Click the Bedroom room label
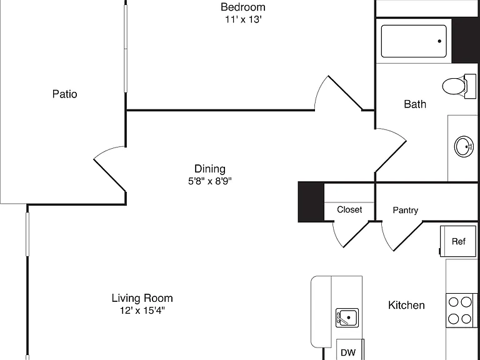click(243, 7)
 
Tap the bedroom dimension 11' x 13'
click(243, 19)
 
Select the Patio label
click(64, 94)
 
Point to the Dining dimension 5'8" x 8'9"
click(210, 181)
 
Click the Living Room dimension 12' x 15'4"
click(142, 311)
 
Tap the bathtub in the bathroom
click(414, 41)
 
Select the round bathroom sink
click(464, 146)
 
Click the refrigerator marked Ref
click(457, 241)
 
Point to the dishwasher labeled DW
click(350, 349)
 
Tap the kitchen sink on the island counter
click(347, 317)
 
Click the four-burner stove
click(461, 311)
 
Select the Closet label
click(349, 210)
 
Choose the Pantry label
click(405, 210)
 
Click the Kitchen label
click(406, 305)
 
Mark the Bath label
click(415, 104)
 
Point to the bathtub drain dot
click(439, 41)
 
